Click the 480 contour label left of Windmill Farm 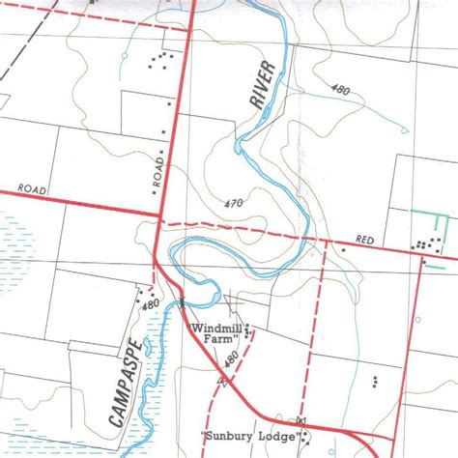[x=150, y=304]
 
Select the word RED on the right [x=365, y=237]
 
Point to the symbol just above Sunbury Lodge [x=301, y=420]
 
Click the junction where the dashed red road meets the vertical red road [x=158, y=223]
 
